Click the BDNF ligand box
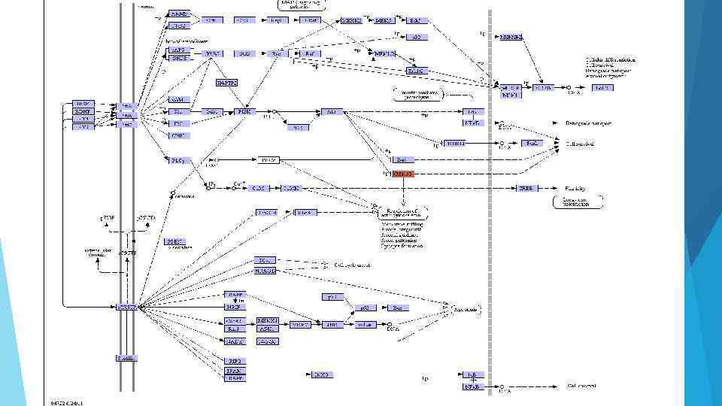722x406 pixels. coord(82,111)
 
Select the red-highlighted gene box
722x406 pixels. coord(404,174)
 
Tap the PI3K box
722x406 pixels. coord(244,111)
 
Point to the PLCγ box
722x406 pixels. coord(177,159)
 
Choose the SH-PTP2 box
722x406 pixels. coord(226,83)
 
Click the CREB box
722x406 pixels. coord(526,188)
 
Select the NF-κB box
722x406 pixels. coord(472,387)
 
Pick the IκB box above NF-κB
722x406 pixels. coord(472,374)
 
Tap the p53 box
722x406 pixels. coord(366,308)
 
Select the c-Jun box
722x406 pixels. coord(366,324)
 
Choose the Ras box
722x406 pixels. coord(277,53)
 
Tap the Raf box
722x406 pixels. coord(309,53)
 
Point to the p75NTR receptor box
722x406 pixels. coord(126,307)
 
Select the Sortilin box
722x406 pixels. coord(126,358)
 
